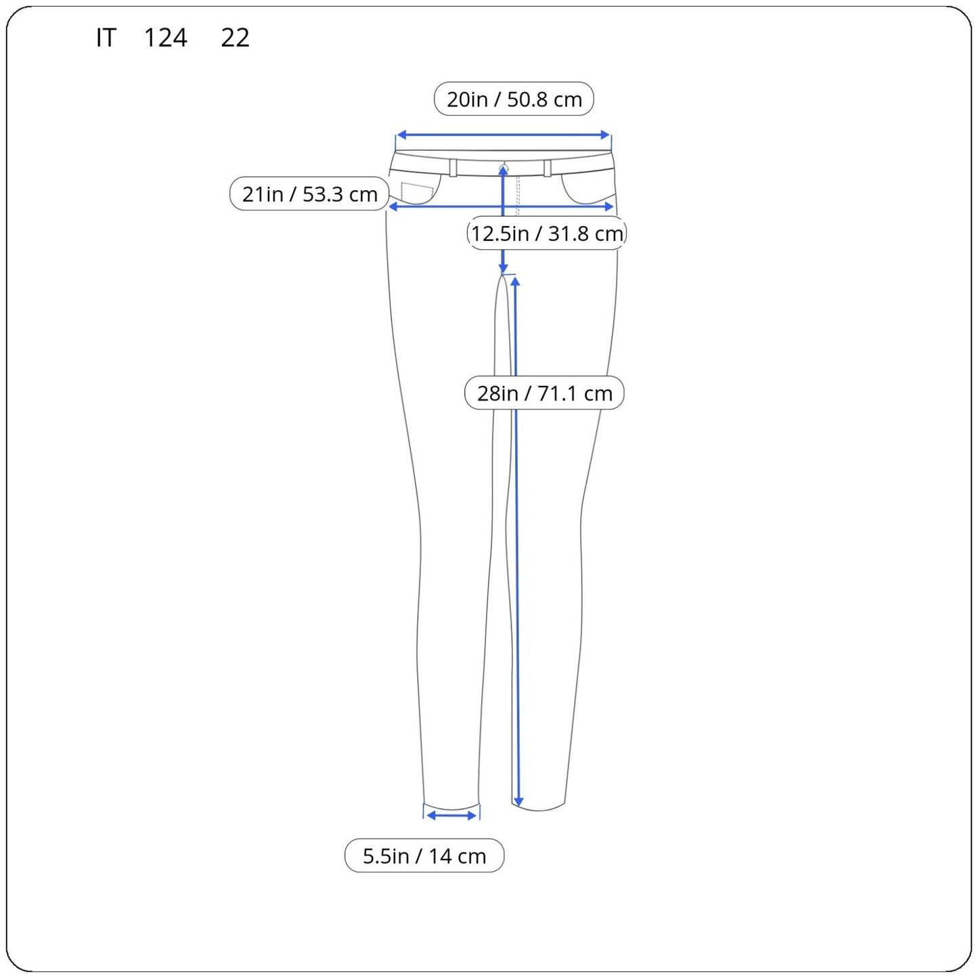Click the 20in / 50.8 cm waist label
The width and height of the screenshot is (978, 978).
pos(514,99)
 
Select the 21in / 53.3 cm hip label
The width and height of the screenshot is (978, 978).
pos(309,194)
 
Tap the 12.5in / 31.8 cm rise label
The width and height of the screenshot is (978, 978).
pos(547,233)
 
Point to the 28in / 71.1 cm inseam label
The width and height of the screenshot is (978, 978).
pos(544,393)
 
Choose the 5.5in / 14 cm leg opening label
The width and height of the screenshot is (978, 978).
pos(424,855)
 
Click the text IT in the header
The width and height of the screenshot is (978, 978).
pos(106,38)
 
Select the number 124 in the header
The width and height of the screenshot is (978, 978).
pos(165,38)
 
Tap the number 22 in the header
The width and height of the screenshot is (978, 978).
pos(235,38)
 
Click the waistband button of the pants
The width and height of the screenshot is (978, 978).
pos(504,167)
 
